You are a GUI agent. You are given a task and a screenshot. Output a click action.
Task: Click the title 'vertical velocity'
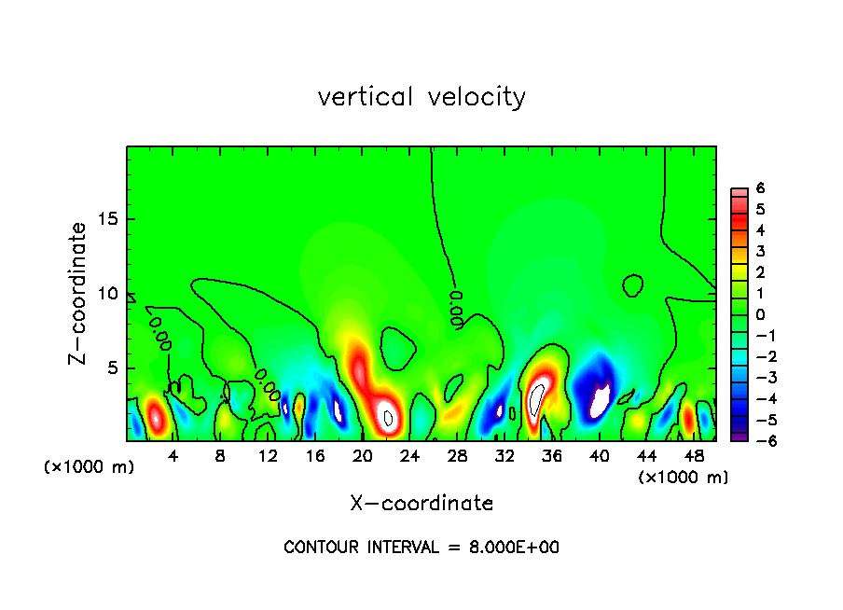point(421,97)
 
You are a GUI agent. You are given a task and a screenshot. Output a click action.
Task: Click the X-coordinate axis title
point(421,504)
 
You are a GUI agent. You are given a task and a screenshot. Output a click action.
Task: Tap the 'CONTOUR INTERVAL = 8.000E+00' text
point(421,548)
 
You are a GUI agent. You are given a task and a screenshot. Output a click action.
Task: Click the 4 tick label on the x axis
point(173,456)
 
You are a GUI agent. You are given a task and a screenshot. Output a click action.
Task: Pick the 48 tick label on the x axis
point(694,456)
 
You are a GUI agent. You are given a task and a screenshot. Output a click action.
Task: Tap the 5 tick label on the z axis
point(109,367)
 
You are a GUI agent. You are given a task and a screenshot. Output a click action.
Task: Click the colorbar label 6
point(760,188)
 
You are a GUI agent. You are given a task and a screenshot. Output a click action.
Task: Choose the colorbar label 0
point(760,314)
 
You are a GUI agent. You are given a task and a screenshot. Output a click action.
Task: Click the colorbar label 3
point(760,251)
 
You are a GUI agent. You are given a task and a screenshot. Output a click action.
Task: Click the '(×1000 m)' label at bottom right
point(684,478)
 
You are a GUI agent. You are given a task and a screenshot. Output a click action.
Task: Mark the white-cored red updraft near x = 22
point(389,417)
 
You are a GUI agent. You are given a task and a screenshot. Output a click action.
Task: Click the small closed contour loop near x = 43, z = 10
point(633,284)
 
